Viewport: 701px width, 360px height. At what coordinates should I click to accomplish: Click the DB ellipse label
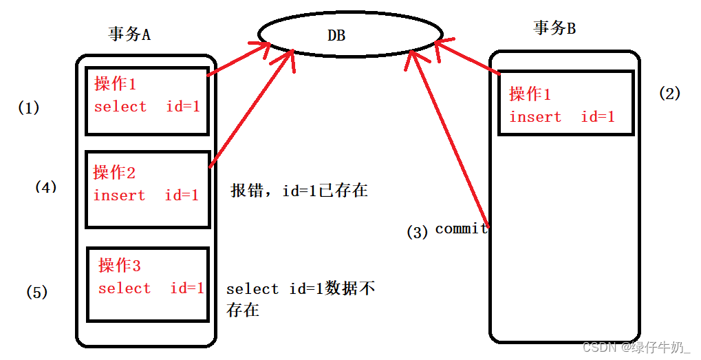pyautogui.click(x=336, y=34)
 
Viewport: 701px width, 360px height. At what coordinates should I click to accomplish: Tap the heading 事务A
pyautogui.click(x=129, y=34)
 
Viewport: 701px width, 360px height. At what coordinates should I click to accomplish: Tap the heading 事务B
pyautogui.click(x=554, y=28)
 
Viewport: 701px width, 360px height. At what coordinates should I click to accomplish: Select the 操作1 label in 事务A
pyautogui.click(x=116, y=84)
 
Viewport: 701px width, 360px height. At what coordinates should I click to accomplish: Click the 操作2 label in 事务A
pyautogui.click(x=114, y=172)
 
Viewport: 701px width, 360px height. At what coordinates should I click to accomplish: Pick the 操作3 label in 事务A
pyautogui.click(x=120, y=265)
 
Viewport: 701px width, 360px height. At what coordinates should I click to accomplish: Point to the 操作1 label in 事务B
pyautogui.click(x=530, y=94)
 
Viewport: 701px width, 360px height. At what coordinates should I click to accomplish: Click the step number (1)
pyautogui.click(x=29, y=108)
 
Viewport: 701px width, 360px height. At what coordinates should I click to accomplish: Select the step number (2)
pyautogui.click(x=669, y=94)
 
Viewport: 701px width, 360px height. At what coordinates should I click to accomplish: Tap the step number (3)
pyautogui.click(x=418, y=232)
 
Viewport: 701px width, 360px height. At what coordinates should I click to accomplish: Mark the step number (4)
pyautogui.click(x=45, y=187)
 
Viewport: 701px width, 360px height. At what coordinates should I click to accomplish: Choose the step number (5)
pyautogui.click(x=37, y=292)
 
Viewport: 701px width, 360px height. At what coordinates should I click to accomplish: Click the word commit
pyautogui.click(x=462, y=229)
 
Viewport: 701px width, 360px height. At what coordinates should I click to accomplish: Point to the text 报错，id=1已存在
pyautogui.click(x=299, y=191)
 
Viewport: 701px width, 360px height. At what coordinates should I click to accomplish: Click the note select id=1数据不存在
pyautogui.click(x=300, y=298)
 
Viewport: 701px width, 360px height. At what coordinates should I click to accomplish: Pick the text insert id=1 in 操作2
pyautogui.click(x=146, y=195)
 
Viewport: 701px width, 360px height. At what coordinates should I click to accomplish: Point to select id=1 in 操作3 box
pyautogui.click(x=151, y=288)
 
